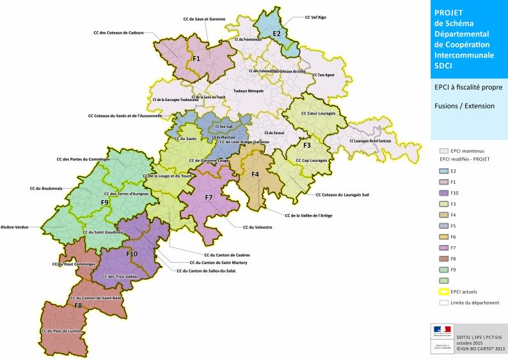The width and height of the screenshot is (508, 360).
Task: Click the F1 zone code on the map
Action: (196, 59)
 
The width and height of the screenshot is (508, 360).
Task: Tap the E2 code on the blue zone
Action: (276, 33)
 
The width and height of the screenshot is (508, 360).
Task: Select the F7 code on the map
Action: (209, 197)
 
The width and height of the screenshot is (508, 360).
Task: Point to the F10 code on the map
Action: (132, 254)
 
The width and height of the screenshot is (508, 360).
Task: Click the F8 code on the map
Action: (77, 306)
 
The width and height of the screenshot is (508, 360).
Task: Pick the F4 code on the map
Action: (255, 175)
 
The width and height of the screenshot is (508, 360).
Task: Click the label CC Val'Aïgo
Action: (315, 18)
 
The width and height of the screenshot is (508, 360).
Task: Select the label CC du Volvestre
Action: (257, 227)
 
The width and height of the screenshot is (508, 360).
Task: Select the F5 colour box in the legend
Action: (444, 226)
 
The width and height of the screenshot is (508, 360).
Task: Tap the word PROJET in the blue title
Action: (448, 12)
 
